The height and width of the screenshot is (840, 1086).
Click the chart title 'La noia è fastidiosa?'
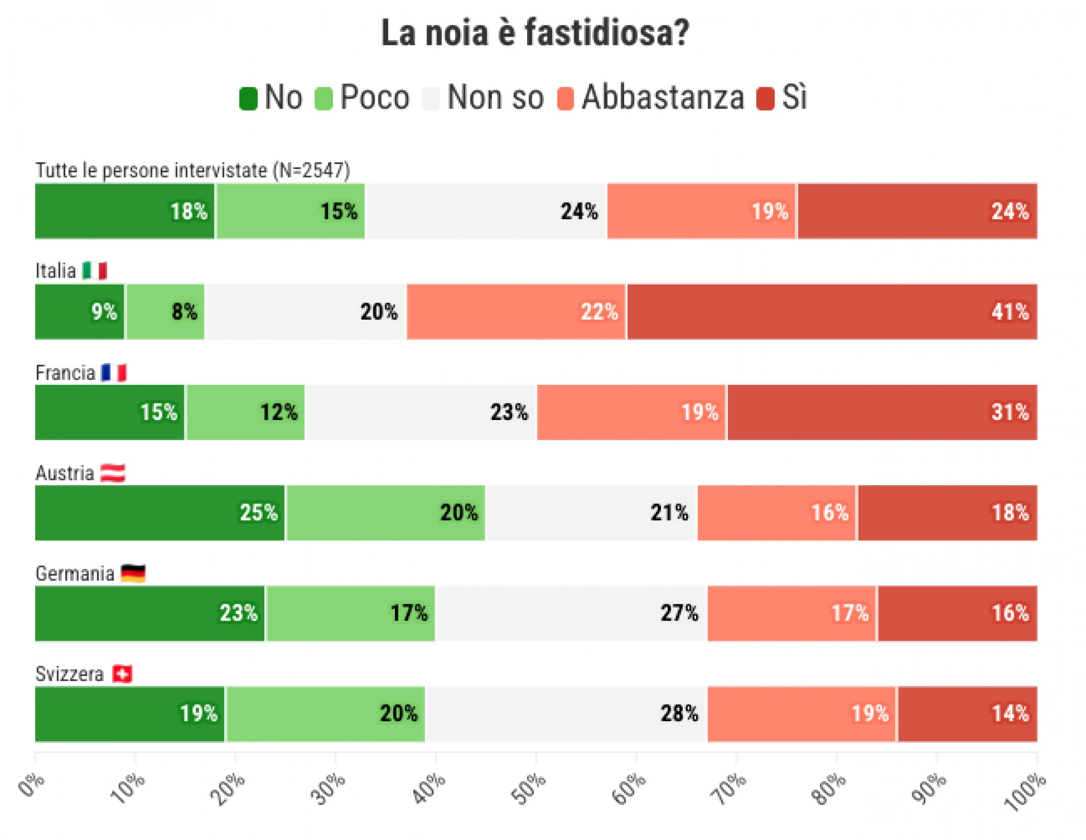pos(535,33)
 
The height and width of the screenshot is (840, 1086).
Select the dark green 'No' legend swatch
pos(248,99)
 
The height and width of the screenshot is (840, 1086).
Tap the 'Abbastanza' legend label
pos(663,98)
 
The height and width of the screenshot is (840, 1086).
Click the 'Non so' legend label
pos(495,98)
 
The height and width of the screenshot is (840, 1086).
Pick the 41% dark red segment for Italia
pos(832,311)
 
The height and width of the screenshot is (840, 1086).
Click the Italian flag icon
pos(94,271)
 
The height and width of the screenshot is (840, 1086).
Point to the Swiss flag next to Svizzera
pos(122,674)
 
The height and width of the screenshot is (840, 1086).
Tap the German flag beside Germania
pos(133,574)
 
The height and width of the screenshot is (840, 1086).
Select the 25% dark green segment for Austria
pos(160,513)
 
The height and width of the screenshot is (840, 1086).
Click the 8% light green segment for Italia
pos(165,311)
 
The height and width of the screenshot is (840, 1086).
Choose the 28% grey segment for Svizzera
pos(566,714)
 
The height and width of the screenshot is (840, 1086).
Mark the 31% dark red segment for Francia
pos(882,412)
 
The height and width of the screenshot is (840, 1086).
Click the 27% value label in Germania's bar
pos(679,613)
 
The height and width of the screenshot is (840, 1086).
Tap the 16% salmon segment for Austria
pos(776,513)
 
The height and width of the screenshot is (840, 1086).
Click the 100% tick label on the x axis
pos(1025,792)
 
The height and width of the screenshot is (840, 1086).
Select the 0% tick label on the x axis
pos(31,785)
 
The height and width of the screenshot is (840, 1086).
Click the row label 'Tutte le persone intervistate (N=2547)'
pos(193,171)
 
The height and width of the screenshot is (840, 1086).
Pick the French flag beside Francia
pos(114,373)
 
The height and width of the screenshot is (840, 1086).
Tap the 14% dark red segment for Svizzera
pos(967,714)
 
